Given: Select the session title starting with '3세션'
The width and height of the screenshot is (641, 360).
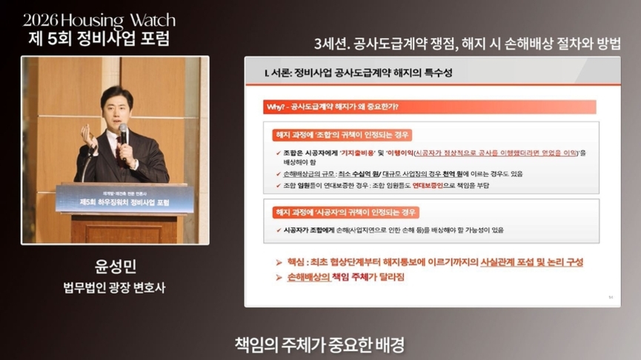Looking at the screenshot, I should pos(467,42).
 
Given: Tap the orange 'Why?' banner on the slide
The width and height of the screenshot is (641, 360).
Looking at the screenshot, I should pos(333,107).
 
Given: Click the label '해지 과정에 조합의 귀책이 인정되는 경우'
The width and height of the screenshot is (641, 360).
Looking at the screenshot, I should pos(342,136).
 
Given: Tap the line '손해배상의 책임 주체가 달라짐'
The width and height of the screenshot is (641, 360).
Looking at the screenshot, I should pos(345,277).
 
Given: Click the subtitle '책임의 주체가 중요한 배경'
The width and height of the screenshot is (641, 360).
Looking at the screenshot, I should pos(320,344).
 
